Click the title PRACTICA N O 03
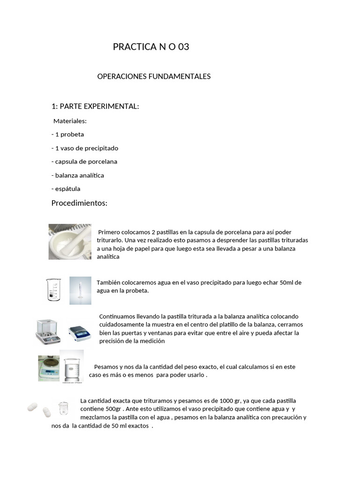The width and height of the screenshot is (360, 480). pyautogui.click(x=151, y=47)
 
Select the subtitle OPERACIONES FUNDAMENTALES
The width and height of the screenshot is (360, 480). pyautogui.click(x=154, y=76)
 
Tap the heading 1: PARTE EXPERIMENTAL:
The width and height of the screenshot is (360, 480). pyautogui.click(x=95, y=106)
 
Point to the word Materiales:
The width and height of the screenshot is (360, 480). pyautogui.click(x=70, y=121)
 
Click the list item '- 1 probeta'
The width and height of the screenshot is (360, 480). pyautogui.click(x=67, y=135)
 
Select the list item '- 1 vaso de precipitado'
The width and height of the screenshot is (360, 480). pyautogui.click(x=85, y=148)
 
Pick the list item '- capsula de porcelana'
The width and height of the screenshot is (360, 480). pyautogui.click(x=84, y=162)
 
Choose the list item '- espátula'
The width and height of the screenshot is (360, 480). pyautogui.click(x=66, y=189)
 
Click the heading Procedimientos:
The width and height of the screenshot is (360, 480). pyautogui.click(x=79, y=203)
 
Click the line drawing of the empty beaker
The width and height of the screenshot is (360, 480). pyautogui.click(x=52, y=289)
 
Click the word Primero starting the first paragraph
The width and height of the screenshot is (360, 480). pyautogui.click(x=110, y=232)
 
